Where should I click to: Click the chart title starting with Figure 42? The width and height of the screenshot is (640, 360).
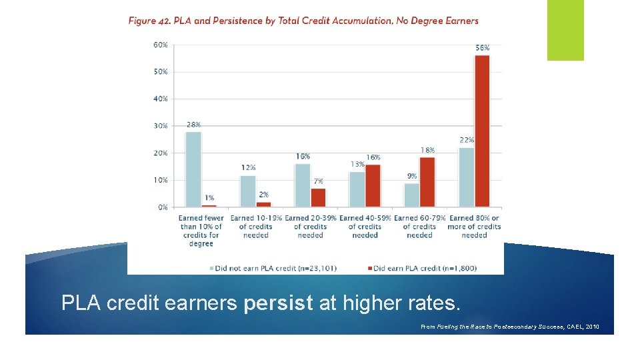[x=303, y=21]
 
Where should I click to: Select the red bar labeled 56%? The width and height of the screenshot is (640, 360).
[x=481, y=131]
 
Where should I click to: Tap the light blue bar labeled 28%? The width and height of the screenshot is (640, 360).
[x=193, y=169]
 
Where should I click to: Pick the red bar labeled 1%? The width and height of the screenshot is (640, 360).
[x=209, y=205]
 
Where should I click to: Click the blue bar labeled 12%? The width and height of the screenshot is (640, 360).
[x=248, y=191]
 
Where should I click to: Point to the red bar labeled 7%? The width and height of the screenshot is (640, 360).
[x=319, y=197]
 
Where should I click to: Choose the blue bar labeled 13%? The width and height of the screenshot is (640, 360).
[x=357, y=189]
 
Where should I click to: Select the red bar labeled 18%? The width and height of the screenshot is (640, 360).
[x=427, y=182]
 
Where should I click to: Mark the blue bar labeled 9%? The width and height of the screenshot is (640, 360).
[x=412, y=195]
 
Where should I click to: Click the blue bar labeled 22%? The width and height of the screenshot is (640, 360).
[x=467, y=177]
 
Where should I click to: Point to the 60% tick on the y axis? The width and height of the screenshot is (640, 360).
[x=161, y=45]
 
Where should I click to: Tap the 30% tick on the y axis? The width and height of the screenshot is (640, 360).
[x=161, y=126]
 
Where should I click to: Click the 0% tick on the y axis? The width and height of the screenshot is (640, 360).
[x=163, y=207]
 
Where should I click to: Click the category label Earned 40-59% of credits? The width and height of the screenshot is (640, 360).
[x=365, y=226]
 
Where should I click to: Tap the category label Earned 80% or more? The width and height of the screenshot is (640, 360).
[x=474, y=226]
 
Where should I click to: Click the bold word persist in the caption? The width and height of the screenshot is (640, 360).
[x=278, y=303]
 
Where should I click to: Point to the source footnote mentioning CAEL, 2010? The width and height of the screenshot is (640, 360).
[x=510, y=327]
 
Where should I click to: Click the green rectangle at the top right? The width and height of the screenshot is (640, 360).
[x=565, y=30]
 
